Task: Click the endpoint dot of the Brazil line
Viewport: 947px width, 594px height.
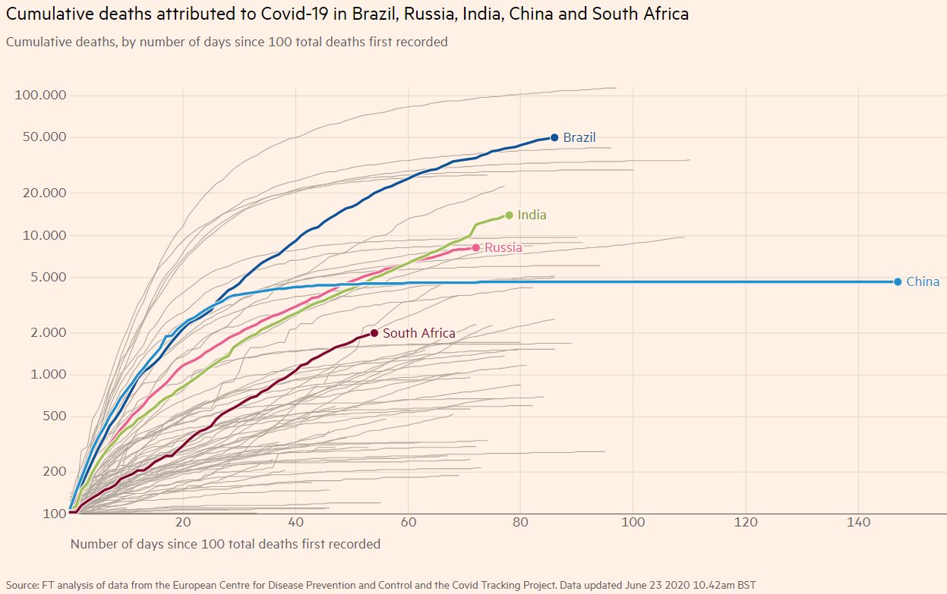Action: (554, 137)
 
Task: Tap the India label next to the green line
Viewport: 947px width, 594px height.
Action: (532, 215)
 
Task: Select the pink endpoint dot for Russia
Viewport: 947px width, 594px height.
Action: (476, 247)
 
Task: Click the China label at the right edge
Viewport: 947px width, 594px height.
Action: (923, 282)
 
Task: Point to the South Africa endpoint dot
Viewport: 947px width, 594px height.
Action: (374, 333)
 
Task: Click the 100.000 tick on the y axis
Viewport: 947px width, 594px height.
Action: (42, 96)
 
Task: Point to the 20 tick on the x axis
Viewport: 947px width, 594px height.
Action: (183, 523)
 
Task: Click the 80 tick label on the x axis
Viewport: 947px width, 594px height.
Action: (520, 523)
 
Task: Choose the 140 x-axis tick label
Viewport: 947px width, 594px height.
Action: (858, 523)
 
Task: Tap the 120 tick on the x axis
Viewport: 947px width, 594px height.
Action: (746, 523)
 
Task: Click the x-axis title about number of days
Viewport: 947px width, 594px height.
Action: (225, 544)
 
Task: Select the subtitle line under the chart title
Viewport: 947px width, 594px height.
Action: (226, 42)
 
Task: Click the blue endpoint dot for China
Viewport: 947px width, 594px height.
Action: (898, 282)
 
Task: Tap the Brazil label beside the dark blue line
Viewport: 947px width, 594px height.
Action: (579, 138)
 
